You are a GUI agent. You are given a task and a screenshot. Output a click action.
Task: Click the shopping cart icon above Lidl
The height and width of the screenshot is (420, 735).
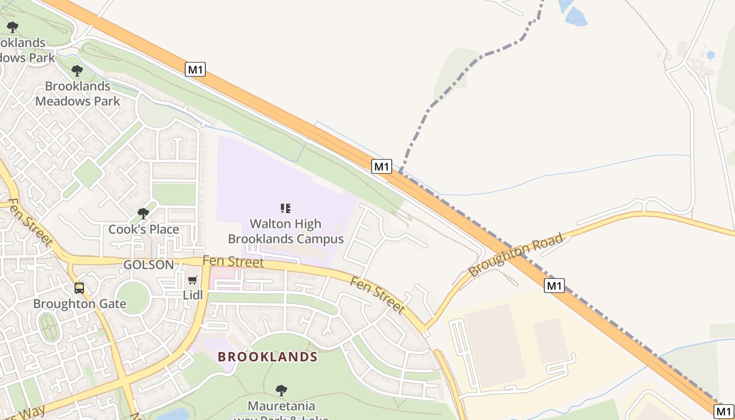[193, 280]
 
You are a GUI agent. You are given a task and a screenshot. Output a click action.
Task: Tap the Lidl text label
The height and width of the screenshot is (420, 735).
[193, 295]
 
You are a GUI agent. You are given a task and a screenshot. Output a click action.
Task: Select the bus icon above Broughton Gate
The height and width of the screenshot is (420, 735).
[79, 288]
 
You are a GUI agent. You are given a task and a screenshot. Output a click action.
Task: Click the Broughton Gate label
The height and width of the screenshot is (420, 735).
[80, 304]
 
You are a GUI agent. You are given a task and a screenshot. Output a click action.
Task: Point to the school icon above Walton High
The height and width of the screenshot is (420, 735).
[286, 208]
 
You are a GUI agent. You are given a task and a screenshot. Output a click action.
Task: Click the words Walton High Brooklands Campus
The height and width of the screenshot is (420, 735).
[286, 232]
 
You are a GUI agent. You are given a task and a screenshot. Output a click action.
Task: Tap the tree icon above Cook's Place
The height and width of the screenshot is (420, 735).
[143, 214]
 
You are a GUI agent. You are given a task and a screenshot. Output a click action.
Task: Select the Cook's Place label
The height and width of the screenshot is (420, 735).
[144, 229]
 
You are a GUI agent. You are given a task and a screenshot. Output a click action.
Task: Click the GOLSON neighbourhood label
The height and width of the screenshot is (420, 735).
[149, 265]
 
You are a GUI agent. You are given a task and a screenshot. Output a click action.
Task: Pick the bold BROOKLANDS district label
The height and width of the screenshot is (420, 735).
[268, 357]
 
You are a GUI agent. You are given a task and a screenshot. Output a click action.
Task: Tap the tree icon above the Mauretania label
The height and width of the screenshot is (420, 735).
[281, 391]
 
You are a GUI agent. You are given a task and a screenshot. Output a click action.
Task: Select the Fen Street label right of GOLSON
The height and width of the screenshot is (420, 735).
[233, 261]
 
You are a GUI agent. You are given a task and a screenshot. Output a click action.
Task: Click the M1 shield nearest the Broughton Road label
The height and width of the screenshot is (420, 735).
[554, 286]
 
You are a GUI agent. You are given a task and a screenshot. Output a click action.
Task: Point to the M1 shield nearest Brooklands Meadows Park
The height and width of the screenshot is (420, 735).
[195, 69]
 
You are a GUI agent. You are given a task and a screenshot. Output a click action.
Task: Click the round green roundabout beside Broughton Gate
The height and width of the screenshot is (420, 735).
[133, 298]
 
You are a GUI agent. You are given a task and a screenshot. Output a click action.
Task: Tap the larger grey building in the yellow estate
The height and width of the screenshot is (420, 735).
[495, 345]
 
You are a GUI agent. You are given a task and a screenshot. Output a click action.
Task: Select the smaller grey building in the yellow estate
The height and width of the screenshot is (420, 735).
[551, 341]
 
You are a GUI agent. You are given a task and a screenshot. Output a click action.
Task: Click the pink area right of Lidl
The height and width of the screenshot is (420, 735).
[227, 279]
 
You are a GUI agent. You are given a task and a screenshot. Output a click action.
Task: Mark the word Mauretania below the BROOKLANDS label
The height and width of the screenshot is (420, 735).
[281, 406]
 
